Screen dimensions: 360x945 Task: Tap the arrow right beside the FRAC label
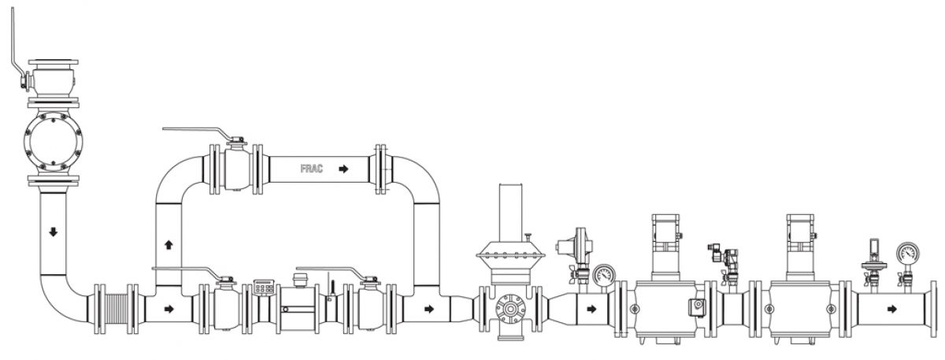click(342, 169)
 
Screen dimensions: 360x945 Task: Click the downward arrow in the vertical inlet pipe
click(53, 233)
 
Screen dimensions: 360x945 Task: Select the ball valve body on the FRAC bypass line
click(234, 169)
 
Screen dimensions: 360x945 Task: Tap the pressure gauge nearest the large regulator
click(604, 276)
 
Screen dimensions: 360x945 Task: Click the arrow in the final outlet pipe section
click(891, 309)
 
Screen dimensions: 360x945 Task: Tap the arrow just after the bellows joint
click(169, 309)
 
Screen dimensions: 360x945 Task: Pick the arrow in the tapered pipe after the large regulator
click(591, 309)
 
